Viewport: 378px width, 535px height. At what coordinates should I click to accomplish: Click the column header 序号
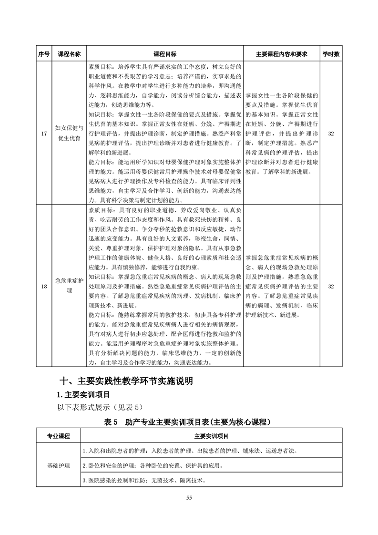[x=43, y=54]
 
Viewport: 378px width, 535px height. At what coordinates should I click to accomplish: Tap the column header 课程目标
[x=164, y=54]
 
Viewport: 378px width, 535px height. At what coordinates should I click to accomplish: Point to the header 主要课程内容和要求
[x=281, y=54]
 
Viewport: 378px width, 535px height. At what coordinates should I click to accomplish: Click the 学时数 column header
[x=331, y=54]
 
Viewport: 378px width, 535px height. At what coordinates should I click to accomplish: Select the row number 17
[x=43, y=134]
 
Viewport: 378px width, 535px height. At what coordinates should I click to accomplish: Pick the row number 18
[x=43, y=286]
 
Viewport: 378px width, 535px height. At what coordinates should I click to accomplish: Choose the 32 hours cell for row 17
[x=331, y=134]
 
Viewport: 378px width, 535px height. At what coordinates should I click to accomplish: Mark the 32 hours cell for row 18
[x=331, y=286]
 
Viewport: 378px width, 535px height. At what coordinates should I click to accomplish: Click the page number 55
[x=189, y=498]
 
